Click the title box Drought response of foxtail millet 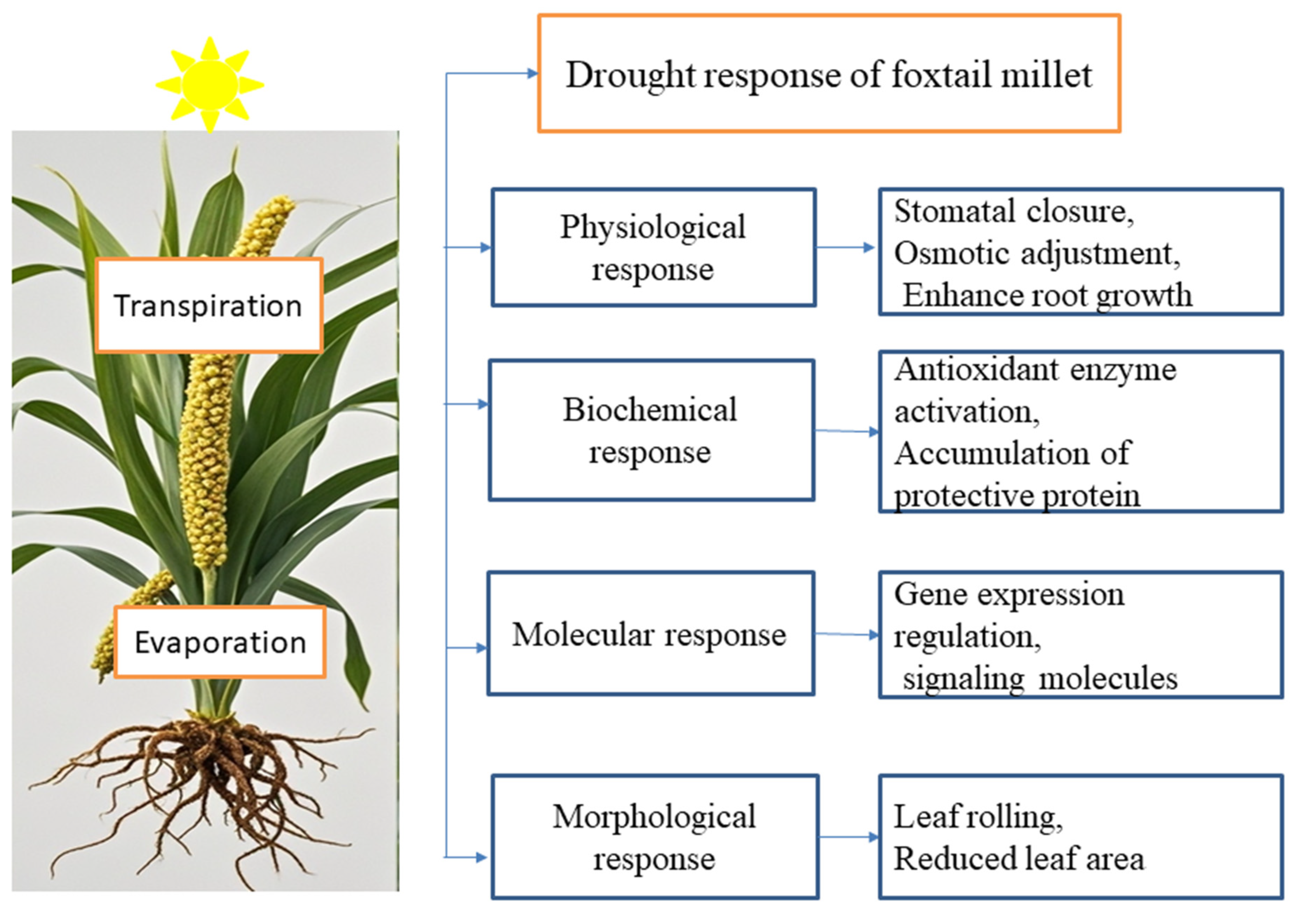pyautogui.click(x=828, y=74)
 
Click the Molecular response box pyautogui.click(x=650, y=634)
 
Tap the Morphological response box pyautogui.click(x=654, y=837)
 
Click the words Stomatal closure pyautogui.click(x=1013, y=212)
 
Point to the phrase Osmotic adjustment pyautogui.click(x=1036, y=254)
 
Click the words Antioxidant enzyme pyautogui.click(x=1035, y=370)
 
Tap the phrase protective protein pyautogui.click(x=1016, y=496)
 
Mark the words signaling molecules pyautogui.click(x=1040, y=678)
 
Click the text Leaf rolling pyautogui.click(x=977, y=817)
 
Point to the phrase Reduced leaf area pyautogui.click(x=1019, y=859)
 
